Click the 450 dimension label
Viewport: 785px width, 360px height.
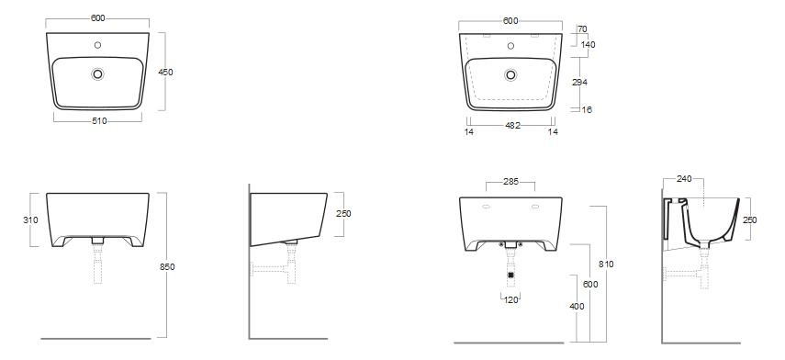coord(165,73)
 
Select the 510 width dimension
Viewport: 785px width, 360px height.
coord(100,120)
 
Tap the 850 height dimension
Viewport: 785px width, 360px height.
coord(167,267)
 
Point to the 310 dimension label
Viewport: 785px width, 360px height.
coord(30,219)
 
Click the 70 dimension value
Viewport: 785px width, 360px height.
coord(582,29)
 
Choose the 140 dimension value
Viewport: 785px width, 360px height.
coord(589,45)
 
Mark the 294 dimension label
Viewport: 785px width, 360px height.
coord(579,82)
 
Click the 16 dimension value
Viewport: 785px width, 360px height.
coord(587,109)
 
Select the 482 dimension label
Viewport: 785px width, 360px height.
coord(512,126)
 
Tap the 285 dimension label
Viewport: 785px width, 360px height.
coord(510,182)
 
